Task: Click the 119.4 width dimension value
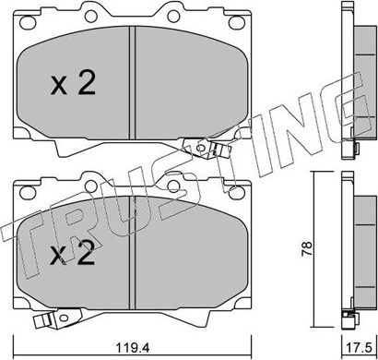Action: pos(132,348)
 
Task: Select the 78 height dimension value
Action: pos(307,248)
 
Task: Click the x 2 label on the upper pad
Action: pos(73,83)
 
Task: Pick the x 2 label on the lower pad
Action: pos(73,253)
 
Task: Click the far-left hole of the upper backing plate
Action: pos(28,22)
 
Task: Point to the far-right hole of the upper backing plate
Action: pos(237,22)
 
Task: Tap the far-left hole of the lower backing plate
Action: pos(28,192)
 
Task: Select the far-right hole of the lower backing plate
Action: pos(237,192)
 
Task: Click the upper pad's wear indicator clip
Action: pos(207,149)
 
